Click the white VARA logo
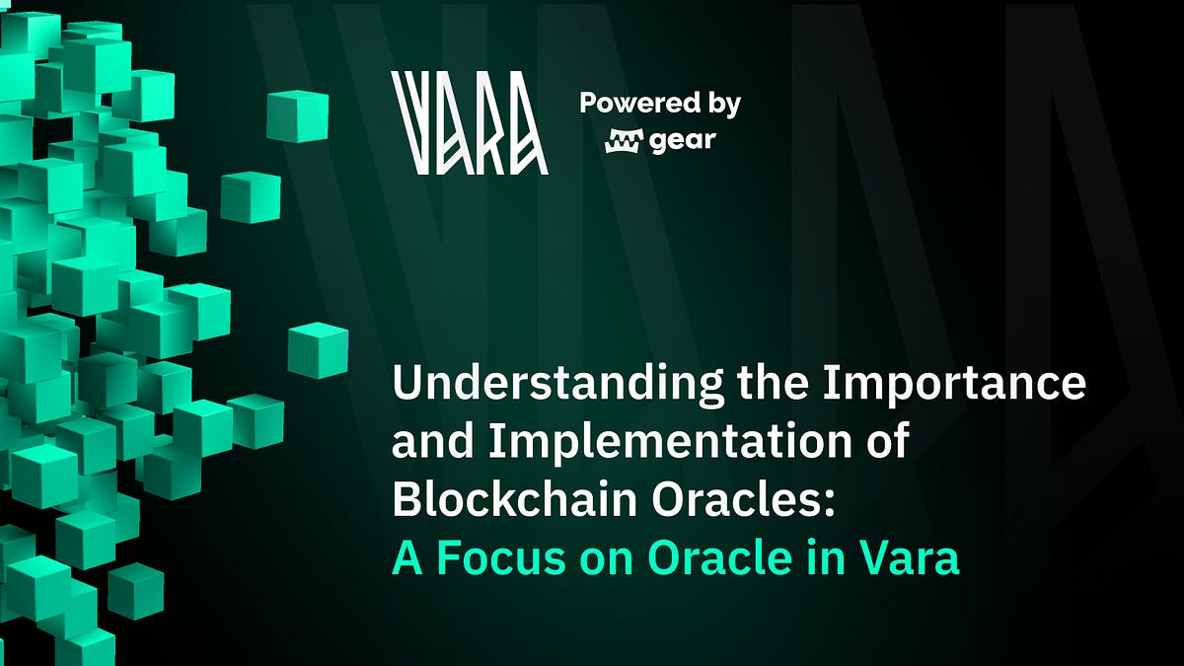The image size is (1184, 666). click(x=470, y=123)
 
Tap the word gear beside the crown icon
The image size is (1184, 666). click(x=683, y=141)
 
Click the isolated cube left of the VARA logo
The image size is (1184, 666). click(x=297, y=115)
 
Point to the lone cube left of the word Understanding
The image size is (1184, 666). click(x=318, y=351)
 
